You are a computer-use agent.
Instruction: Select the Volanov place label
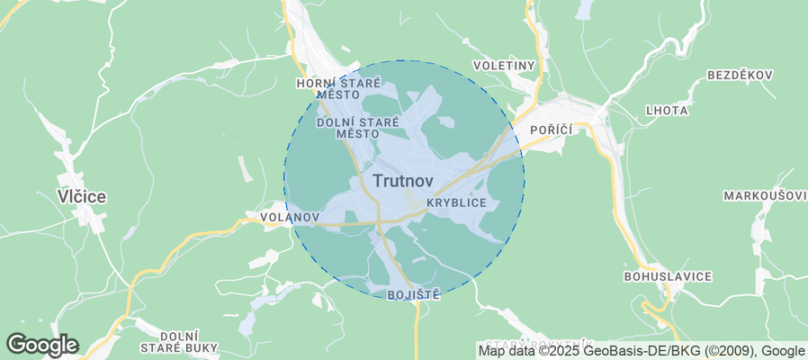(289, 218)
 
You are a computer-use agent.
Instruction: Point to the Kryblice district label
(456, 203)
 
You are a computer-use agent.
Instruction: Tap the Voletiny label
(504, 66)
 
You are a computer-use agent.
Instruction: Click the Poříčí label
(545, 130)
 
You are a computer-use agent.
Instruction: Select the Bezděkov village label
(741, 75)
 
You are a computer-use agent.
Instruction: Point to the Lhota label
(667, 111)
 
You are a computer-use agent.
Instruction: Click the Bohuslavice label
(668, 275)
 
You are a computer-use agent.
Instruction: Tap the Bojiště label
(413, 295)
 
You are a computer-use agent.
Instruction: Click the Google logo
(42, 345)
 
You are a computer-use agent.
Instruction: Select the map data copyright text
(642, 350)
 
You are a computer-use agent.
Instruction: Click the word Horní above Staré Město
(317, 83)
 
